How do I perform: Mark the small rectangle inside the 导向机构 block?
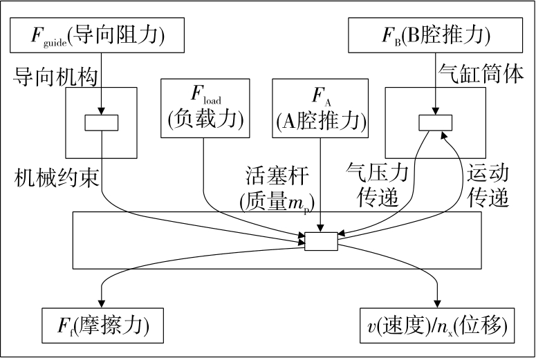[102, 122]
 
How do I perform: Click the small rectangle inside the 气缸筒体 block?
[436, 122]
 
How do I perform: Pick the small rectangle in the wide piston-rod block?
[321, 241]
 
